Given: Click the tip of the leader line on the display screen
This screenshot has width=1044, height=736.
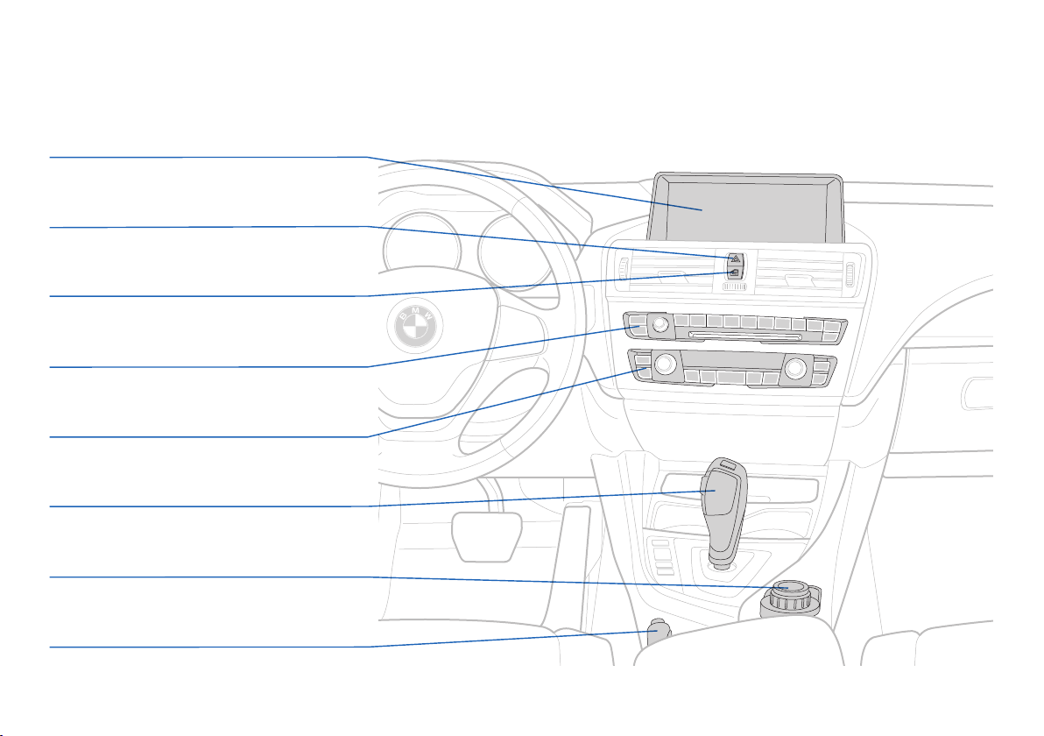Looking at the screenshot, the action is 702,209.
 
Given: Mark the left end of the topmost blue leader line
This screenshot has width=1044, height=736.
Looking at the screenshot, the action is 50,158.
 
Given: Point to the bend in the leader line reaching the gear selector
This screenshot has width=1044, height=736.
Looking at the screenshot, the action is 368,506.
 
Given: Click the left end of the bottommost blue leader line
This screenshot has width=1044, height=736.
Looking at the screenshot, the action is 50,647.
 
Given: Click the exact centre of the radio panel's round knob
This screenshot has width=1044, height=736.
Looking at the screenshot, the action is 660,324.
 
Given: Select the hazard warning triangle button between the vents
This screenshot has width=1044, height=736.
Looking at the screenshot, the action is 735,259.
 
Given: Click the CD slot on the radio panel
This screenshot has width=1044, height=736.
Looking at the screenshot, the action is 745,335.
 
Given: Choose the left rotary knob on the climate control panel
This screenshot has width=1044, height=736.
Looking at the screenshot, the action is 665,364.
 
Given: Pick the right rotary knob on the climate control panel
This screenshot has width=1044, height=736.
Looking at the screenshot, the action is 795,368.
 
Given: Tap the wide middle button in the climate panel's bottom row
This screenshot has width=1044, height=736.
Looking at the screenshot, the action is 731,379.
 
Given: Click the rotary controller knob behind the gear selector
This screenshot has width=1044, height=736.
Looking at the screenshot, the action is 789,598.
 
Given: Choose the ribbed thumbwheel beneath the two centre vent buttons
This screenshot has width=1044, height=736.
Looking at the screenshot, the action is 735,287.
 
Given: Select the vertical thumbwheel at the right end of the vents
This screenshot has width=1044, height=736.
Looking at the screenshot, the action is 850,273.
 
